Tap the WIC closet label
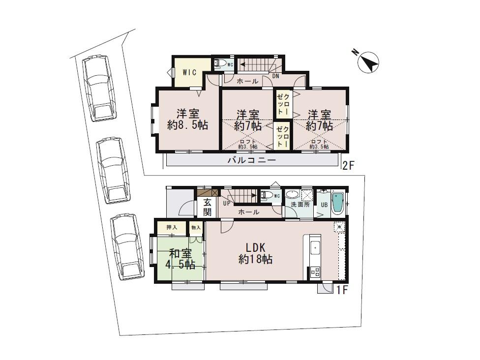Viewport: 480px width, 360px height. [189, 72]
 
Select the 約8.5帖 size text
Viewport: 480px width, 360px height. [187, 125]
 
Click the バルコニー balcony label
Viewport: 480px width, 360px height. [252, 160]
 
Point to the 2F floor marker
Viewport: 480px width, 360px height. [348, 166]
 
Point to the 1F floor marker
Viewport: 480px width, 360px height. [342, 290]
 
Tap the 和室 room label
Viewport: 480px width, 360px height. [180, 254]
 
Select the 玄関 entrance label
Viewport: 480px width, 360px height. [208, 208]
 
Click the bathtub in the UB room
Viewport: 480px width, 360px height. [339, 203]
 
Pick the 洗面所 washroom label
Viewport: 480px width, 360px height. [300, 205]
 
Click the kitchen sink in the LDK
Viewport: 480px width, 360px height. [315, 248]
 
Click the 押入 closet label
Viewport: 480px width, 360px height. [172, 228]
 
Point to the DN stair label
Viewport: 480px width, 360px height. [276, 76]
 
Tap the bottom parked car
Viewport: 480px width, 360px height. [127, 247]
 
